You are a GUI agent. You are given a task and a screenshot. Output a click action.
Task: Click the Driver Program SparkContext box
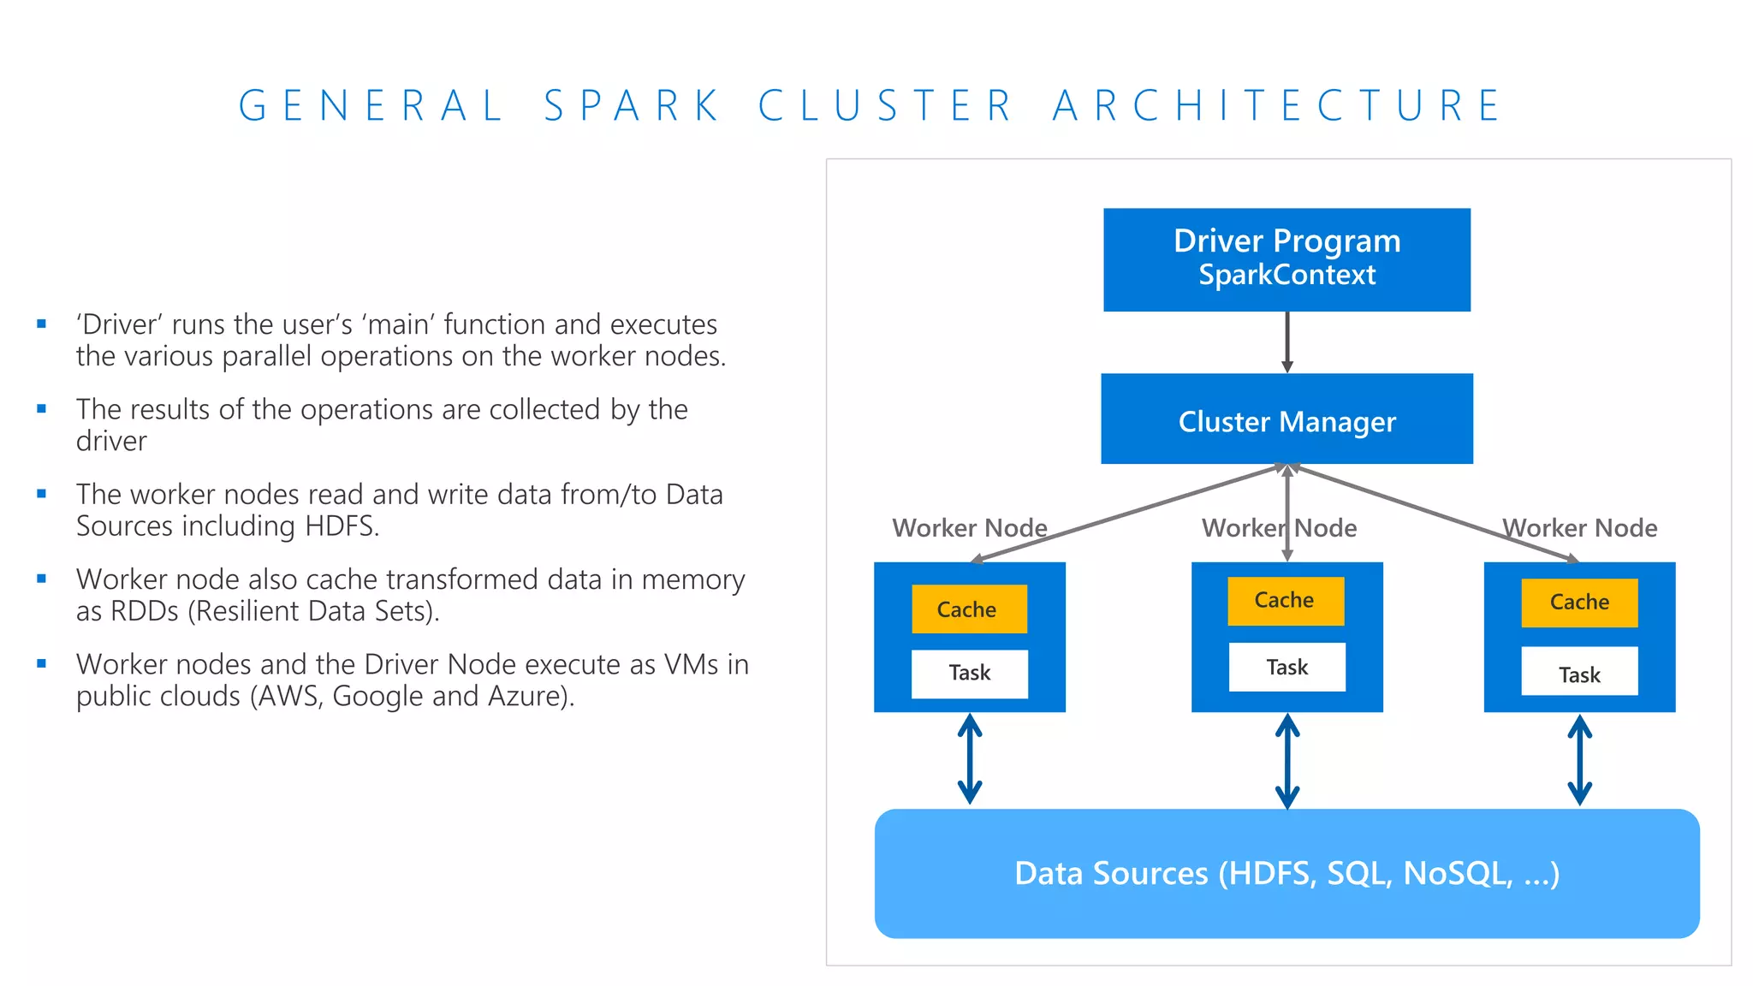point(1287,259)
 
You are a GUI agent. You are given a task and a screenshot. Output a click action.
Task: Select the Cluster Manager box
point(1287,419)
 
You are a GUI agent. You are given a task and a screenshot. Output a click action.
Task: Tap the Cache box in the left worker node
point(969,609)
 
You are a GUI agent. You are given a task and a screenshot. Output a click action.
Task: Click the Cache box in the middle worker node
point(1286,601)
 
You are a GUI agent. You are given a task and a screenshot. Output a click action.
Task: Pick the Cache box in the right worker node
point(1579,603)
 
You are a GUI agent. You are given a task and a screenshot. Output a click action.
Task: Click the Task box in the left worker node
point(969,674)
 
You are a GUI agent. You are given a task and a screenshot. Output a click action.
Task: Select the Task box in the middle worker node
point(1287,667)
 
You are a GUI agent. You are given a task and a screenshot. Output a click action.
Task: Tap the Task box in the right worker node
point(1579,674)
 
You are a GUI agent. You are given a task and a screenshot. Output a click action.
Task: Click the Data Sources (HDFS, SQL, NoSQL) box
point(1287,873)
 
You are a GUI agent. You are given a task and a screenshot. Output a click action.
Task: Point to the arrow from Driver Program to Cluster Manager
point(1287,342)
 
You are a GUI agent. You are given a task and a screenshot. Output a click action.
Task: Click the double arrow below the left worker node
point(969,759)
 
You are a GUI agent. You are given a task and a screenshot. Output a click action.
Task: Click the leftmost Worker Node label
point(969,528)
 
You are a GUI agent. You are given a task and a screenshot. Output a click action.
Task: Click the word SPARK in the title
point(633,106)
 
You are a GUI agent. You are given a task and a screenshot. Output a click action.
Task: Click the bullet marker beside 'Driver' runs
point(41,324)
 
